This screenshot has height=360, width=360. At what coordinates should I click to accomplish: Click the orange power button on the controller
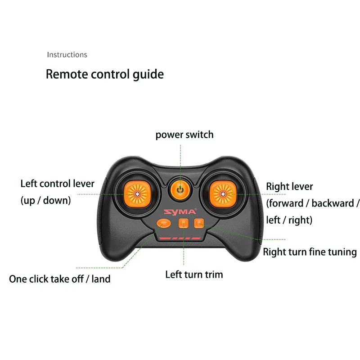click(x=180, y=189)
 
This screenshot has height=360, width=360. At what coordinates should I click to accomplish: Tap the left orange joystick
click(x=136, y=194)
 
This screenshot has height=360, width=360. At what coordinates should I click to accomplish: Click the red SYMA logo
click(x=180, y=211)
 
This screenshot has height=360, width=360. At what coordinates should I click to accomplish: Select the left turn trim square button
click(x=183, y=223)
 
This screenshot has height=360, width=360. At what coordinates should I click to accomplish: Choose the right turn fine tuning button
click(x=198, y=222)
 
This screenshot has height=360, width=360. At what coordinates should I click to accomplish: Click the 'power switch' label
click(x=184, y=135)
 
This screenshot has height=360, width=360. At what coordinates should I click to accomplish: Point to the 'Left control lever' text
click(x=58, y=184)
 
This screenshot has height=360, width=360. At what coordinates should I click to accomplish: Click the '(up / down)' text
click(x=46, y=200)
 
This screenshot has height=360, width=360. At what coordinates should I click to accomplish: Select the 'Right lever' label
click(x=289, y=186)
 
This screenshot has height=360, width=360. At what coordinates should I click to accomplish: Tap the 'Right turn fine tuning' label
click(x=310, y=252)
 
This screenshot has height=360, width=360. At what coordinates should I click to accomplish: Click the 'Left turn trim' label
click(x=194, y=274)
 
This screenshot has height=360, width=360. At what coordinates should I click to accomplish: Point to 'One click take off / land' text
click(x=60, y=279)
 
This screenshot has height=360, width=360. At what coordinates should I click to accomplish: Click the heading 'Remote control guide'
click(x=105, y=74)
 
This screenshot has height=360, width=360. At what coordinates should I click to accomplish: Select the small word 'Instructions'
click(x=67, y=54)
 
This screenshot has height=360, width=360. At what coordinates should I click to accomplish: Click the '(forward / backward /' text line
click(x=313, y=203)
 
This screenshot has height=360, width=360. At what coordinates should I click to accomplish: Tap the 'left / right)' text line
click(x=289, y=220)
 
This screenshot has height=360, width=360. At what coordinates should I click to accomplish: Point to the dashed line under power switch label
click(x=180, y=157)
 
